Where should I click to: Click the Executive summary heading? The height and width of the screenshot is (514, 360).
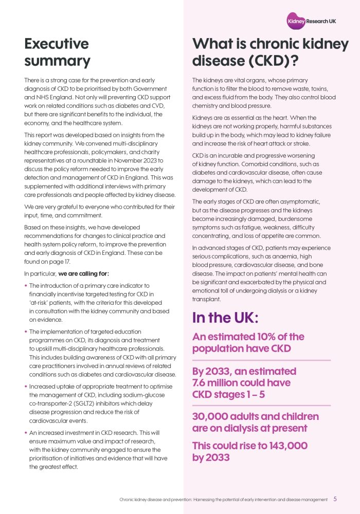57,52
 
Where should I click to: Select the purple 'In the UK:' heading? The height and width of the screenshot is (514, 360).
224,317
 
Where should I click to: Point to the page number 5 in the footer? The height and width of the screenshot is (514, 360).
335,499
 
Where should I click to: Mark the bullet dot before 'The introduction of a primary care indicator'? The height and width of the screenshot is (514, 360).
26,285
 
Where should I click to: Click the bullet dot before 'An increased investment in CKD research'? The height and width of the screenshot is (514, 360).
26,433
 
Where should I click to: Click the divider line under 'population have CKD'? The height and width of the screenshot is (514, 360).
261,360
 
